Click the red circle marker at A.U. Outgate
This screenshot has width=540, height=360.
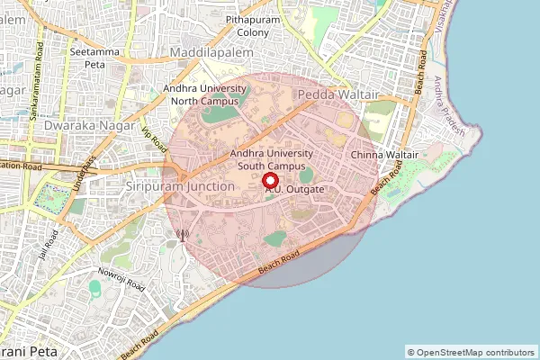click(x=271, y=181)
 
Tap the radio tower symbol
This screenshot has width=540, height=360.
click(x=182, y=236)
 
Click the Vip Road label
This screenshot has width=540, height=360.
click(x=155, y=137)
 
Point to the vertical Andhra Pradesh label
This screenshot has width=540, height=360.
click(x=447, y=104)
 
